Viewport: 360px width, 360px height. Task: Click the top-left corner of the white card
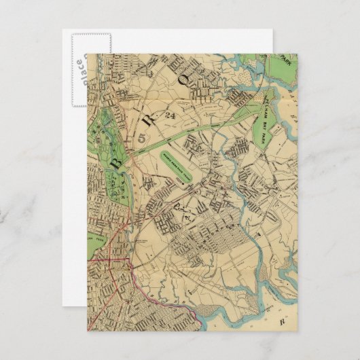click(x=62, y=29)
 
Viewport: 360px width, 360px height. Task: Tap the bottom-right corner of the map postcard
click(x=297, y=331)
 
